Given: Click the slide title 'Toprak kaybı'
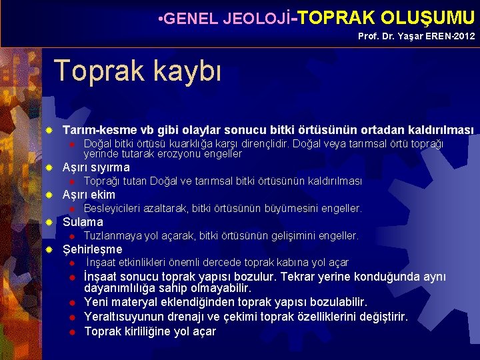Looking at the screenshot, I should [x=137, y=71].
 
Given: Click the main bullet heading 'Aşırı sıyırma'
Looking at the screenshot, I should [x=96, y=167].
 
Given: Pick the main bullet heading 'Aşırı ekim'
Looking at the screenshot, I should [x=89, y=195].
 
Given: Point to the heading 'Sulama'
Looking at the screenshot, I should [x=83, y=222].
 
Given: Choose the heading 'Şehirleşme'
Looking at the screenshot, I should [x=92, y=249].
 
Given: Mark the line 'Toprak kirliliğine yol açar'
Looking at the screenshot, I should [x=150, y=331].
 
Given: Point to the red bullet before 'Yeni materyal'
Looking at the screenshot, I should [x=71, y=303].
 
